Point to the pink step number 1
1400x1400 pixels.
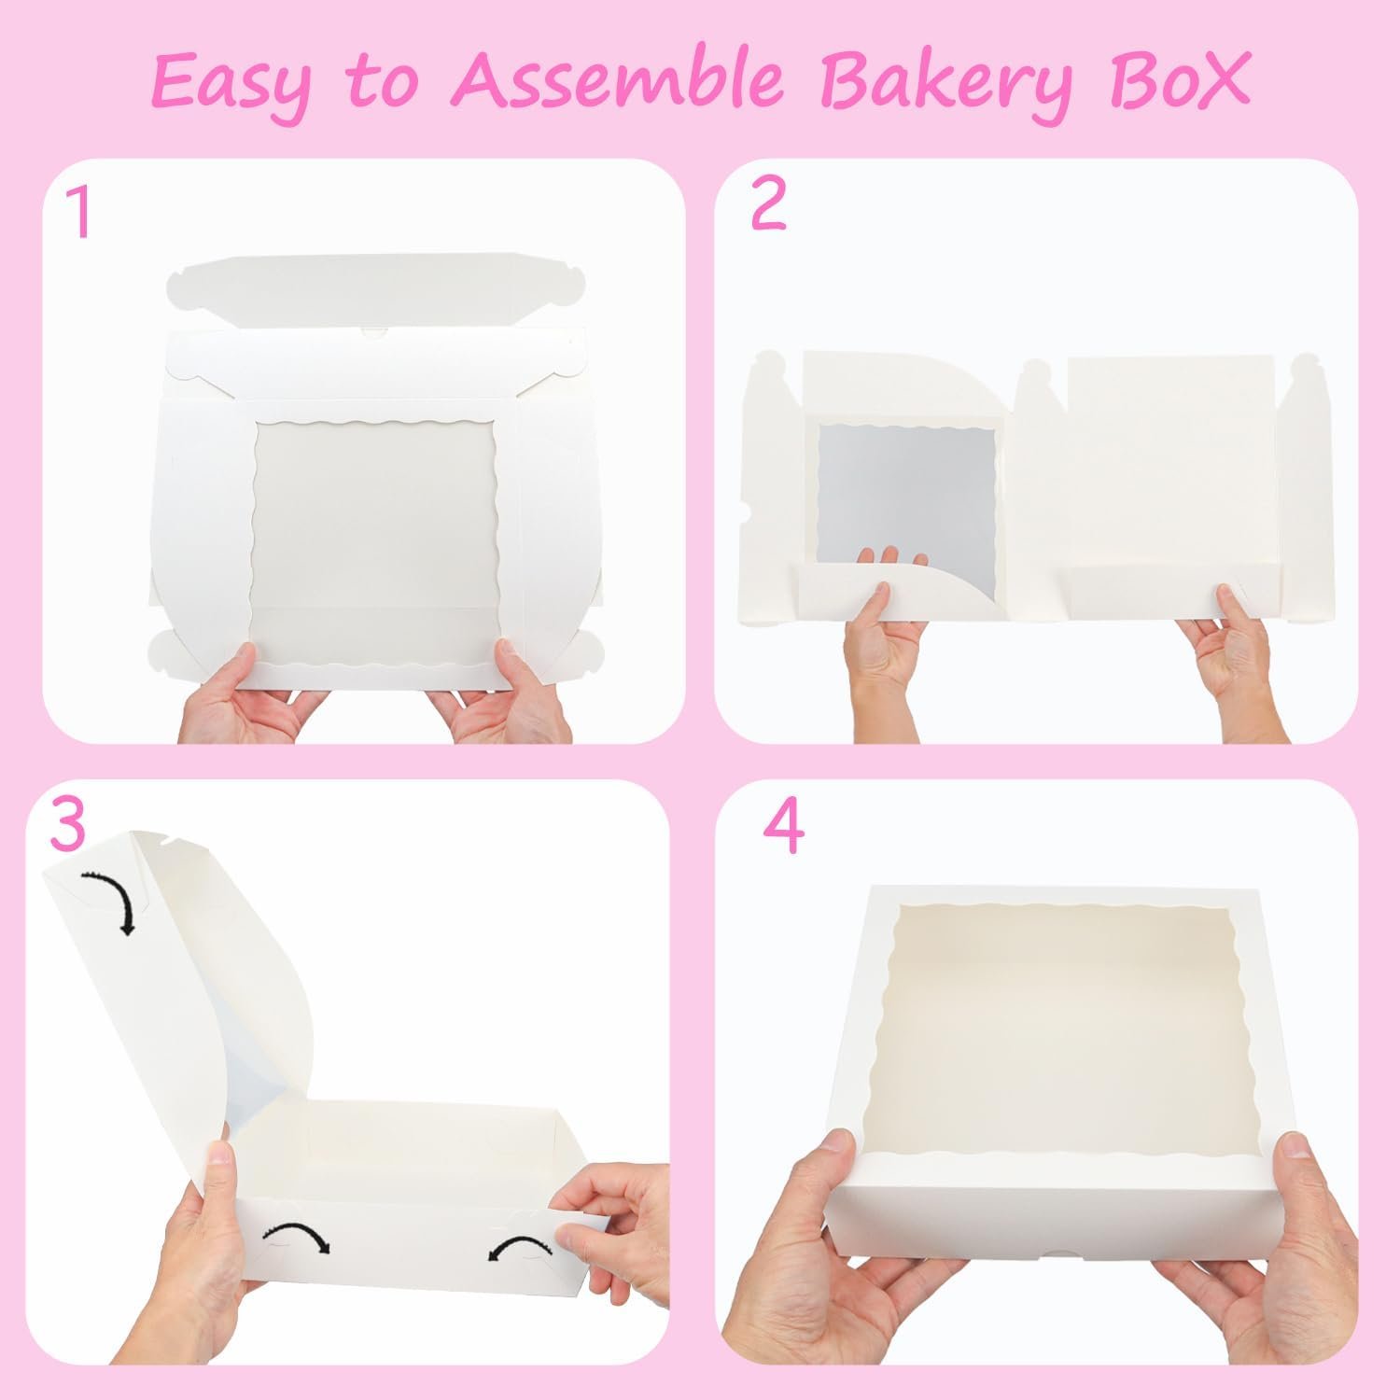click(83, 214)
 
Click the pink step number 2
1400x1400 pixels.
click(767, 205)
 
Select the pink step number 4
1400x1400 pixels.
click(782, 828)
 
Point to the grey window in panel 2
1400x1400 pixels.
click(905, 495)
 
